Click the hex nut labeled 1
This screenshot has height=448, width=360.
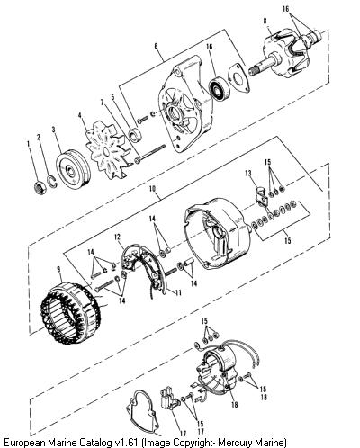pyautogui.click(x=39, y=188)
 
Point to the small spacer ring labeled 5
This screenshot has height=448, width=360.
pyautogui.click(x=134, y=135)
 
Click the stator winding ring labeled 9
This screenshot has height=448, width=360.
pyautogui.click(x=71, y=313)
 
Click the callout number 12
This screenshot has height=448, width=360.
pyautogui.click(x=118, y=237)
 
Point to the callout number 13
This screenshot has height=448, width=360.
pyautogui.click(x=247, y=173)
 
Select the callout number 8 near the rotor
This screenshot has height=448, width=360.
pyautogui.click(x=265, y=22)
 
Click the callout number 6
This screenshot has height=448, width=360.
pyautogui.click(x=156, y=46)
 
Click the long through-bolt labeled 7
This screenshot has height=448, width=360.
pyautogui.click(x=150, y=154)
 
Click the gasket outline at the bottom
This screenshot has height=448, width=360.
pyautogui.click(x=141, y=412)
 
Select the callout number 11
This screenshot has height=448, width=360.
pyautogui.click(x=178, y=292)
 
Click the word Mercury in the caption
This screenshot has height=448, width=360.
pyautogui.click(x=236, y=443)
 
